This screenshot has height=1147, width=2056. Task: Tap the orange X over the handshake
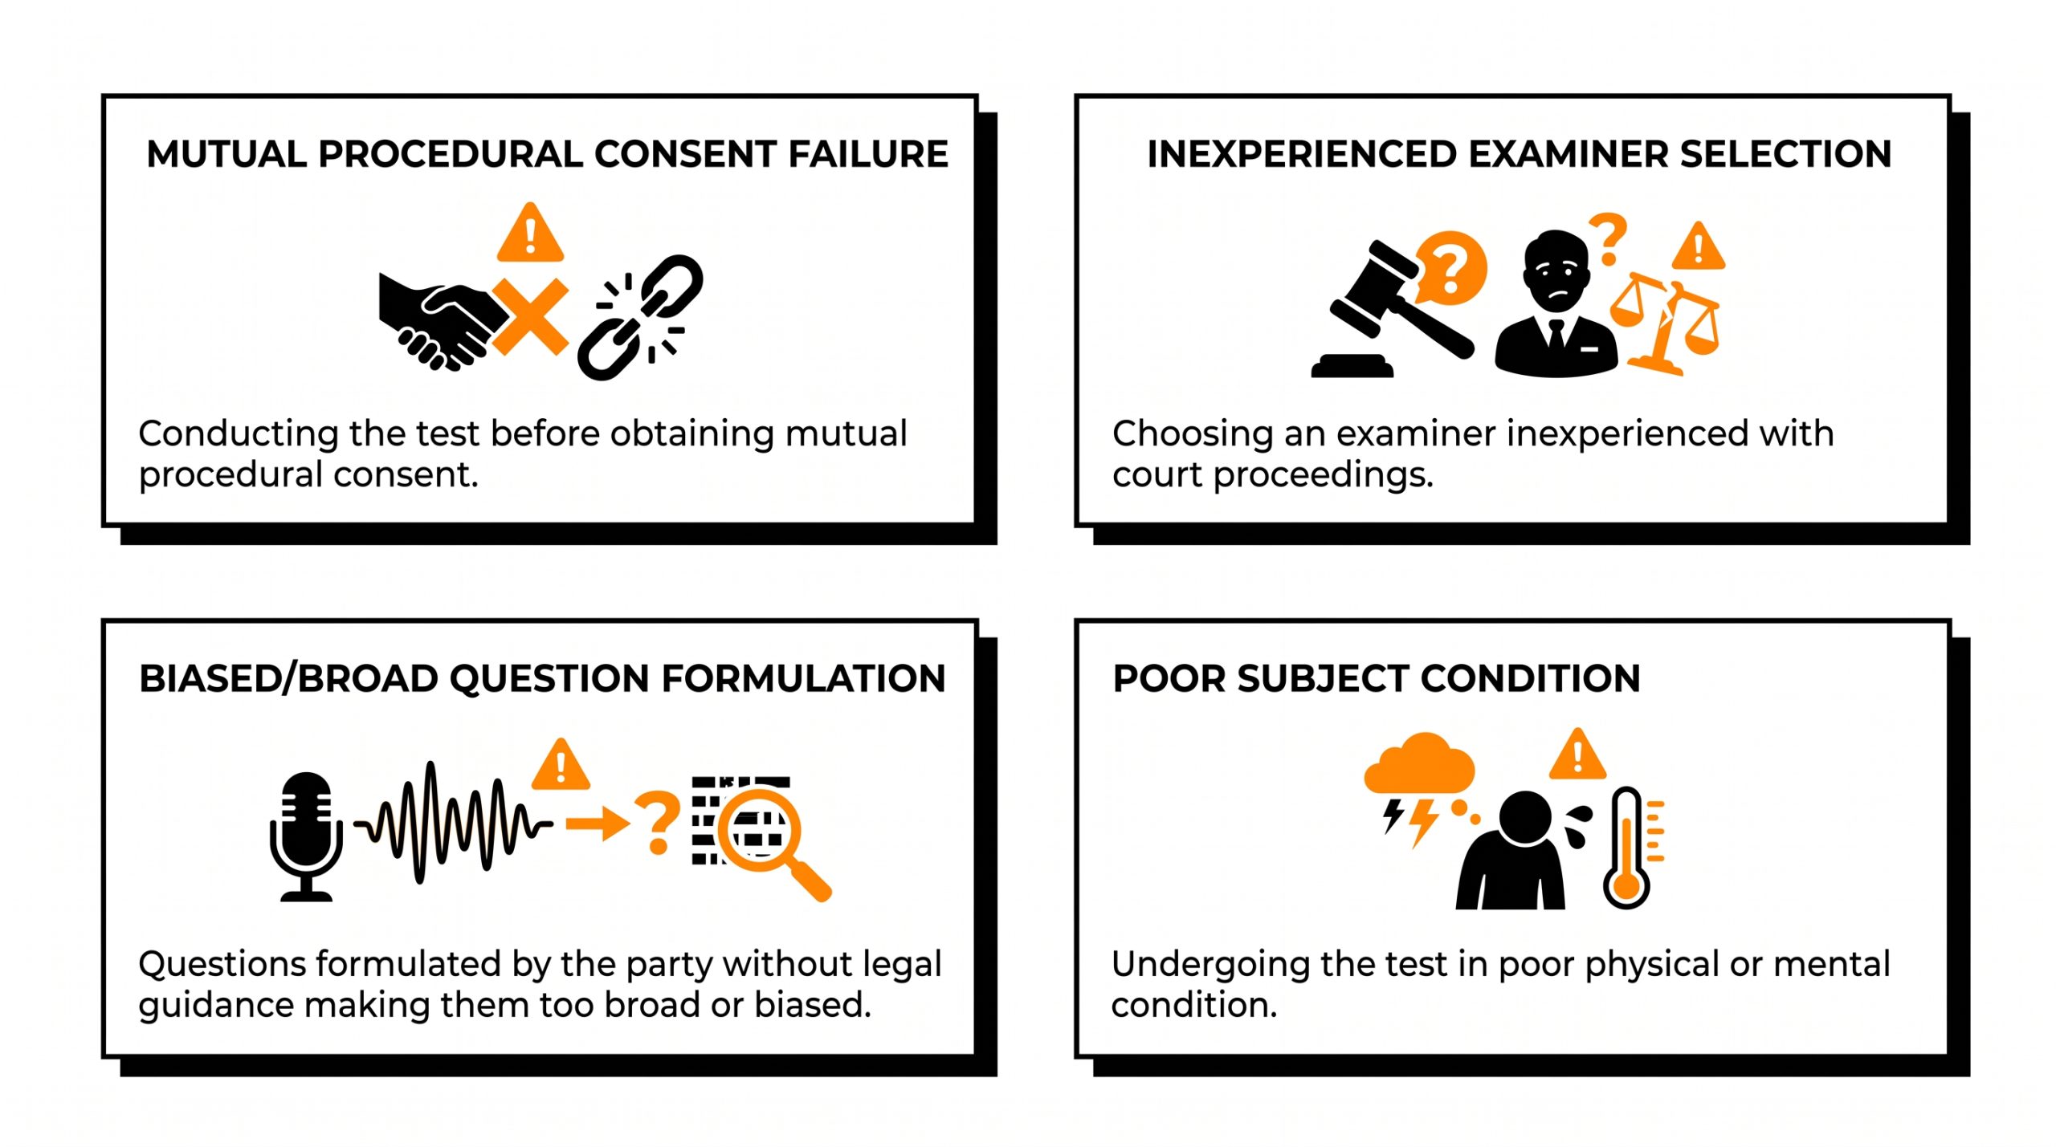(x=531, y=317)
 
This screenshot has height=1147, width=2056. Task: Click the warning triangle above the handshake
(x=530, y=233)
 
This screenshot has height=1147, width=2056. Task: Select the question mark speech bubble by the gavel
(x=1450, y=268)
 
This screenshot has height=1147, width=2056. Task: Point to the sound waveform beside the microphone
(x=454, y=823)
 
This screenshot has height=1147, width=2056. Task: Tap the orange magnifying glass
(x=769, y=840)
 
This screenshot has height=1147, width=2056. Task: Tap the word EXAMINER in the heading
(x=1567, y=154)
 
